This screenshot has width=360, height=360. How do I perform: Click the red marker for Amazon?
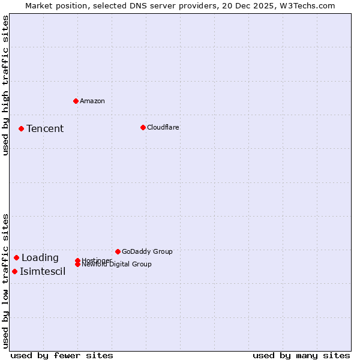point(76,101)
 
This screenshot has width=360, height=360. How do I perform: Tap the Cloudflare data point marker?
point(143,127)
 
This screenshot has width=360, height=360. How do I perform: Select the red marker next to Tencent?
point(21,128)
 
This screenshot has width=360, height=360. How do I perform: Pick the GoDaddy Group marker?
point(118,251)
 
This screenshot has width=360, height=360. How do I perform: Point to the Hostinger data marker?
point(77,260)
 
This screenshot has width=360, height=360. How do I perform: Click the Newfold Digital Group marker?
point(77,264)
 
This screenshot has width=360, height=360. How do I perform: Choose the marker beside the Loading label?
point(16,257)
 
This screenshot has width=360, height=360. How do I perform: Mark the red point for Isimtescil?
point(14,271)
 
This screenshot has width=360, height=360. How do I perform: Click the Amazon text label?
point(92,101)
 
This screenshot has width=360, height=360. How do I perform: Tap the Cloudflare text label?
point(163,127)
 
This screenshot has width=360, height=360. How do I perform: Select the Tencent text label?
point(45,128)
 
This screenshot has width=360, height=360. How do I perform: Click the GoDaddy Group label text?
point(147,251)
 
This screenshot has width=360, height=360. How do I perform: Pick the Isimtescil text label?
point(43,271)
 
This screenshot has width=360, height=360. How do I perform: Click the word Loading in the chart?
point(40,257)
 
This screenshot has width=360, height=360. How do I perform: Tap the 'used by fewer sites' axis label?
point(62,355)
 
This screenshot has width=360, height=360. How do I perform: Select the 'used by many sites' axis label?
point(301,355)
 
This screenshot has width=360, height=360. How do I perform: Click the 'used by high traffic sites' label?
point(5,85)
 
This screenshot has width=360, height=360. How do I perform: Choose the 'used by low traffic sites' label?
point(5,280)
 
